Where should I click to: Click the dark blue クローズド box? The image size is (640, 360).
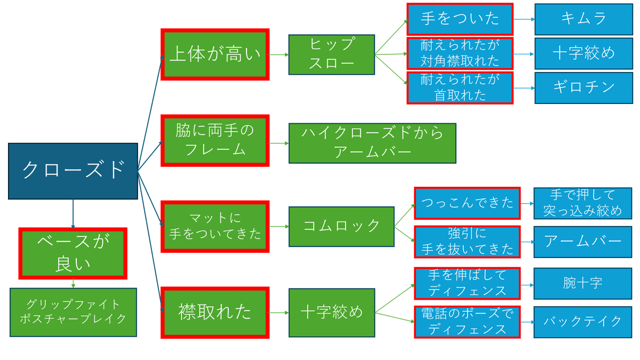point(73,171)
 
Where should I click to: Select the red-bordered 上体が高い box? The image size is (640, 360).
point(214,54)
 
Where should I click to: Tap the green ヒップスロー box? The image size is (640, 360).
point(331,54)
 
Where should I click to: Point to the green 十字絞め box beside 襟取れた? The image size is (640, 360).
point(331,312)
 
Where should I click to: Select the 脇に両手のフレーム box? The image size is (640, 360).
point(214,140)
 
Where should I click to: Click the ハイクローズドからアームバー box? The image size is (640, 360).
point(372,143)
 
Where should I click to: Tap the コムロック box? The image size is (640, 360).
point(341,226)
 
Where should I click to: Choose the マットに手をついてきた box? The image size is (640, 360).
point(214,226)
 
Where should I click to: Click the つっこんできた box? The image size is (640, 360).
point(467,203)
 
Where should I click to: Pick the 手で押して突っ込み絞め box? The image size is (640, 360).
point(583,203)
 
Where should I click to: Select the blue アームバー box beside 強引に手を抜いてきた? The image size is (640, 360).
point(583,242)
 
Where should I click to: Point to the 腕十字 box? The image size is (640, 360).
point(583,283)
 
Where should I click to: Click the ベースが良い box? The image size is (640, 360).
point(73,253)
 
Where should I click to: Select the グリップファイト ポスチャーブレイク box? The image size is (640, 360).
point(73,312)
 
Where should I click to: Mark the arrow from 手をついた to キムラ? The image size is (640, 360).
point(524,19)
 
